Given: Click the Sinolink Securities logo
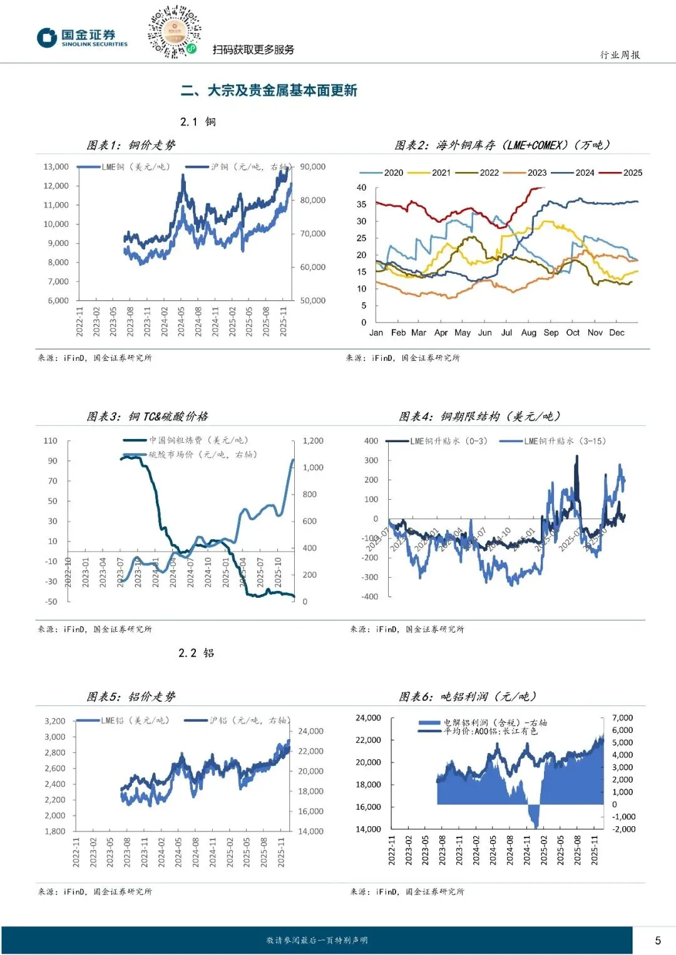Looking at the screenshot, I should [x=82, y=38].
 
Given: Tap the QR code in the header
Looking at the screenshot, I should [x=174, y=31].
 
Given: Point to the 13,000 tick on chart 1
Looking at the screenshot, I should [x=56, y=167].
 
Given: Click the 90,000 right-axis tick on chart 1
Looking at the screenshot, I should [x=312, y=167].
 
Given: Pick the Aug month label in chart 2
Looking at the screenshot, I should [x=528, y=333].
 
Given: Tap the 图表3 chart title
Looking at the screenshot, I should [x=147, y=417].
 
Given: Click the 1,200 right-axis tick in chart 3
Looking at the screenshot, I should [x=313, y=441].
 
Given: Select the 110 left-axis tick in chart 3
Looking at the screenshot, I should [x=51, y=441].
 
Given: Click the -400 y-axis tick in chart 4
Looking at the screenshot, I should [x=370, y=597].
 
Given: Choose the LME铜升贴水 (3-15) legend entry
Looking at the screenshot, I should [x=553, y=441].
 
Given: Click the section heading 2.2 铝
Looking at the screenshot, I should [x=196, y=653].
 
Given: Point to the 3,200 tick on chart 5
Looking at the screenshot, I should [x=55, y=721].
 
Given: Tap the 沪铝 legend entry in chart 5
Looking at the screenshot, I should [x=238, y=720].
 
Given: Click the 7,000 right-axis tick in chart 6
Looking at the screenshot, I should [x=622, y=718].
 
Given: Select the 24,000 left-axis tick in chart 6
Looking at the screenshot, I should [x=368, y=718].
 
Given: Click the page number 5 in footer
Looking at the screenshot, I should [x=658, y=940].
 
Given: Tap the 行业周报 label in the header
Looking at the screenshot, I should [x=620, y=55].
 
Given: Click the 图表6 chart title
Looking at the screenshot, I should [x=468, y=697].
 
